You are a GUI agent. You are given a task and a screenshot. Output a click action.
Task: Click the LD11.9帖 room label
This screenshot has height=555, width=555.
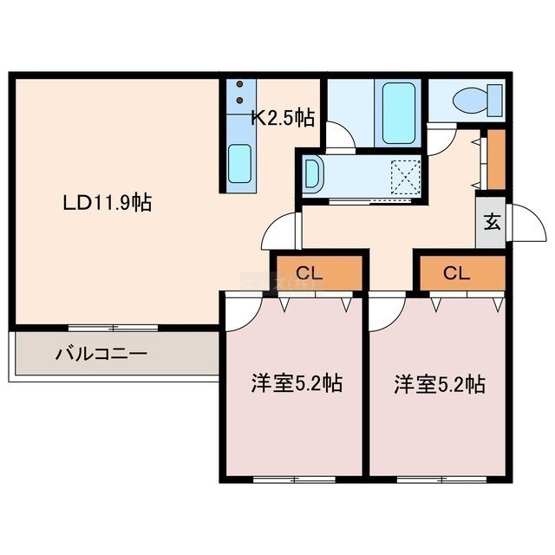[x=108, y=203]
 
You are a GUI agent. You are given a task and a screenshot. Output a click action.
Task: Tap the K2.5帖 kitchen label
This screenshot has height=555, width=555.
[x=283, y=118]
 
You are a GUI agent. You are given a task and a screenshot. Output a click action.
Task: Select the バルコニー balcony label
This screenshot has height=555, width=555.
[x=101, y=354]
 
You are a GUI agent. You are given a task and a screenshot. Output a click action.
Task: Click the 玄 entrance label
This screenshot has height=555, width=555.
[x=492, y=222]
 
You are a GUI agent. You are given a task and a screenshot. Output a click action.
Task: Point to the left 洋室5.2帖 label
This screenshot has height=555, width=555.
[x=297, y=383]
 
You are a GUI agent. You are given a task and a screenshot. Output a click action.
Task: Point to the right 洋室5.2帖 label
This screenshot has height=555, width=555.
[x=440, y=384]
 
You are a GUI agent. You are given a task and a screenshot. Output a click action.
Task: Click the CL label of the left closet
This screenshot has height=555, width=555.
[x=310, y=273]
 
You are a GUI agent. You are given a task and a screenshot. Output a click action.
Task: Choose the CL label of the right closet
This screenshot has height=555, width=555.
[x=457, y=273]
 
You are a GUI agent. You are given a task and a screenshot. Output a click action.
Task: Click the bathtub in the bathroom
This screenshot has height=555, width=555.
[x=398, y=113]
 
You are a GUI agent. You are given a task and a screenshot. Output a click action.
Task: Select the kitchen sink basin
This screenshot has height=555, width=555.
[x=239, y=163]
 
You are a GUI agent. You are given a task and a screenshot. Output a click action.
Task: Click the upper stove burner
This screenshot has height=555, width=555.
[x=239, y=84]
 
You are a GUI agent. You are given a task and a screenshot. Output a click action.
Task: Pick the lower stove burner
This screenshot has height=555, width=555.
[x=239, y=101]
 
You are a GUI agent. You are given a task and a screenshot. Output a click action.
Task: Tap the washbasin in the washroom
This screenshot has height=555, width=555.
[x=312, y=173]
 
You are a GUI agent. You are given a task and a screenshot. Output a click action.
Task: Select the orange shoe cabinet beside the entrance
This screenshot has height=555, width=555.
[x=496, y=160]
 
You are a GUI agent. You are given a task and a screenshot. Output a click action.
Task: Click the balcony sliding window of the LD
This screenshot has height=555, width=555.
[x=113, y=328]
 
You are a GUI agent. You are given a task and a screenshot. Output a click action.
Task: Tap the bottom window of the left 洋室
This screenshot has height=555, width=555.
[x=295, y=480]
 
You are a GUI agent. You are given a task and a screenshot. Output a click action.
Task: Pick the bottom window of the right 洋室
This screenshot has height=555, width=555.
[x=442, y=480]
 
